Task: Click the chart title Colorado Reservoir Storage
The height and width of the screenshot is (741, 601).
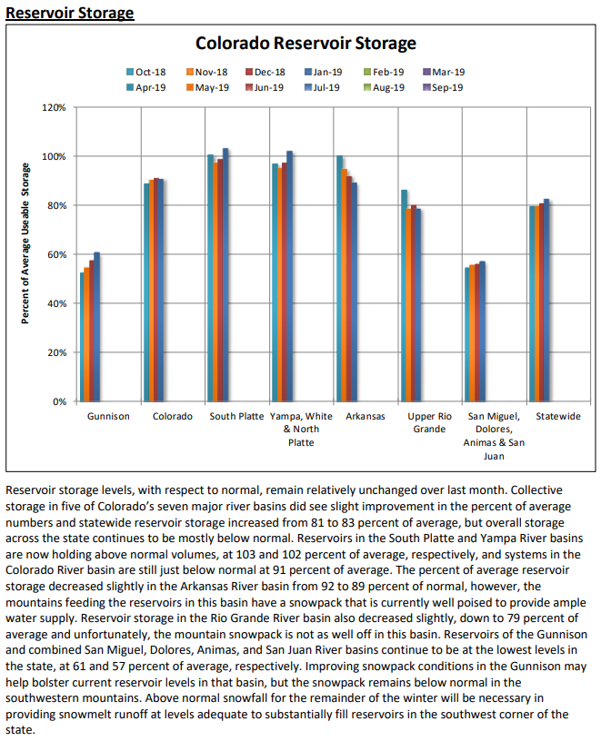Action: [306, 43]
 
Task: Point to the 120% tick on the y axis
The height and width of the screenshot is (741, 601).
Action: [55, 108]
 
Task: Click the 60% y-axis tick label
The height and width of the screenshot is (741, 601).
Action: [57, 254]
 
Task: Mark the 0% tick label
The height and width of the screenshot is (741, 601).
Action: [60, 401]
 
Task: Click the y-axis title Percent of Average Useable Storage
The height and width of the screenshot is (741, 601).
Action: [26, 243]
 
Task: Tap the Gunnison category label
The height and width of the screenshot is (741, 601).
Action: [109, 417]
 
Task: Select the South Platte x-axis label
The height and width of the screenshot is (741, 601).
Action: [236, 417]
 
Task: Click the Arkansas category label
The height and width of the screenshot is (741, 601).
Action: [366, 417]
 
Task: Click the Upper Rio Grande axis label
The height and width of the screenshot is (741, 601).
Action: [430, 422]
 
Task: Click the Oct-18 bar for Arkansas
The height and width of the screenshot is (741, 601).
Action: [340, 278]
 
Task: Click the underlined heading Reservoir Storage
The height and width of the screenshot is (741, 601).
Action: [70, 13]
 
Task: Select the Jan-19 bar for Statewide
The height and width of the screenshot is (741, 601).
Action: [546, 300]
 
